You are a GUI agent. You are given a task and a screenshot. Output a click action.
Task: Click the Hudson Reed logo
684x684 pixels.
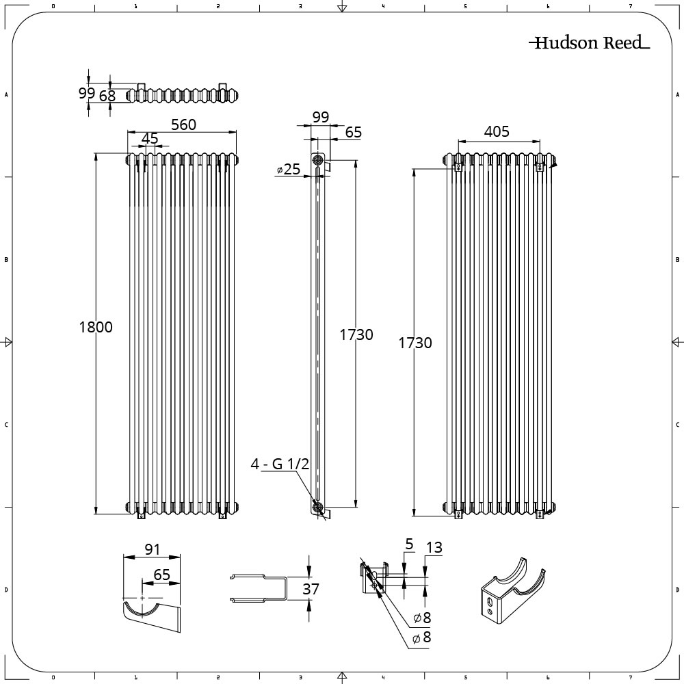[589, 42]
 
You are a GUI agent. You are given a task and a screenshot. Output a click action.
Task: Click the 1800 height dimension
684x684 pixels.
[96, 327]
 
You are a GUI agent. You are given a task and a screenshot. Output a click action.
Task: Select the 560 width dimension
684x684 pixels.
[183, 124]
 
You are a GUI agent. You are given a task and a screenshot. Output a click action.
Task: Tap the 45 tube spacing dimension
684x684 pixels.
[150, 139]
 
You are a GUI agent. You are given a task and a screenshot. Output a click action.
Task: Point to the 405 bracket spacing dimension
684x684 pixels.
[497, 131]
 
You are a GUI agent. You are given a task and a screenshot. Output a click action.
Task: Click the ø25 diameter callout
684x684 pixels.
[289, 169]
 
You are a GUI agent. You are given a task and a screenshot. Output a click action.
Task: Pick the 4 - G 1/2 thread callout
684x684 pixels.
[280, 464]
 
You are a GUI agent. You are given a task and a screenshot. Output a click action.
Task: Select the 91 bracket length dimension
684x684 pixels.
[152, 550]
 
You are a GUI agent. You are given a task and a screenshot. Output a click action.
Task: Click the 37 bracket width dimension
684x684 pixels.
[311, 589]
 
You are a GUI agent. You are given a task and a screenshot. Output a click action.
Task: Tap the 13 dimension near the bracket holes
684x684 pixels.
[434, 547]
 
